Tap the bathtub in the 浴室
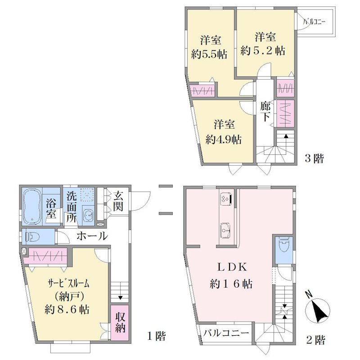(32, 207)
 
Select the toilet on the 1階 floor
(32, 237)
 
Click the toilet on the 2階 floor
(284, 246)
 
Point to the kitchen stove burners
(226, 198)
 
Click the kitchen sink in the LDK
(226, 230)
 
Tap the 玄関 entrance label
(118, 201)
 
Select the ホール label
(92, 236)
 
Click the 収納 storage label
(120, 323)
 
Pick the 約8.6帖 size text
(67, 310)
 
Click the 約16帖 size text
(231, 284)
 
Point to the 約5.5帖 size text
(209, 54)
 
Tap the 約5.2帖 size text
(263, 51)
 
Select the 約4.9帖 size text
(223, 139)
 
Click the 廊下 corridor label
(265, 111)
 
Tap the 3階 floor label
(314, 158)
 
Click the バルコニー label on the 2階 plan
(226, 333)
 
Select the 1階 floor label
(156, 336)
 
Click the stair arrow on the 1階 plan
(120, 298)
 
